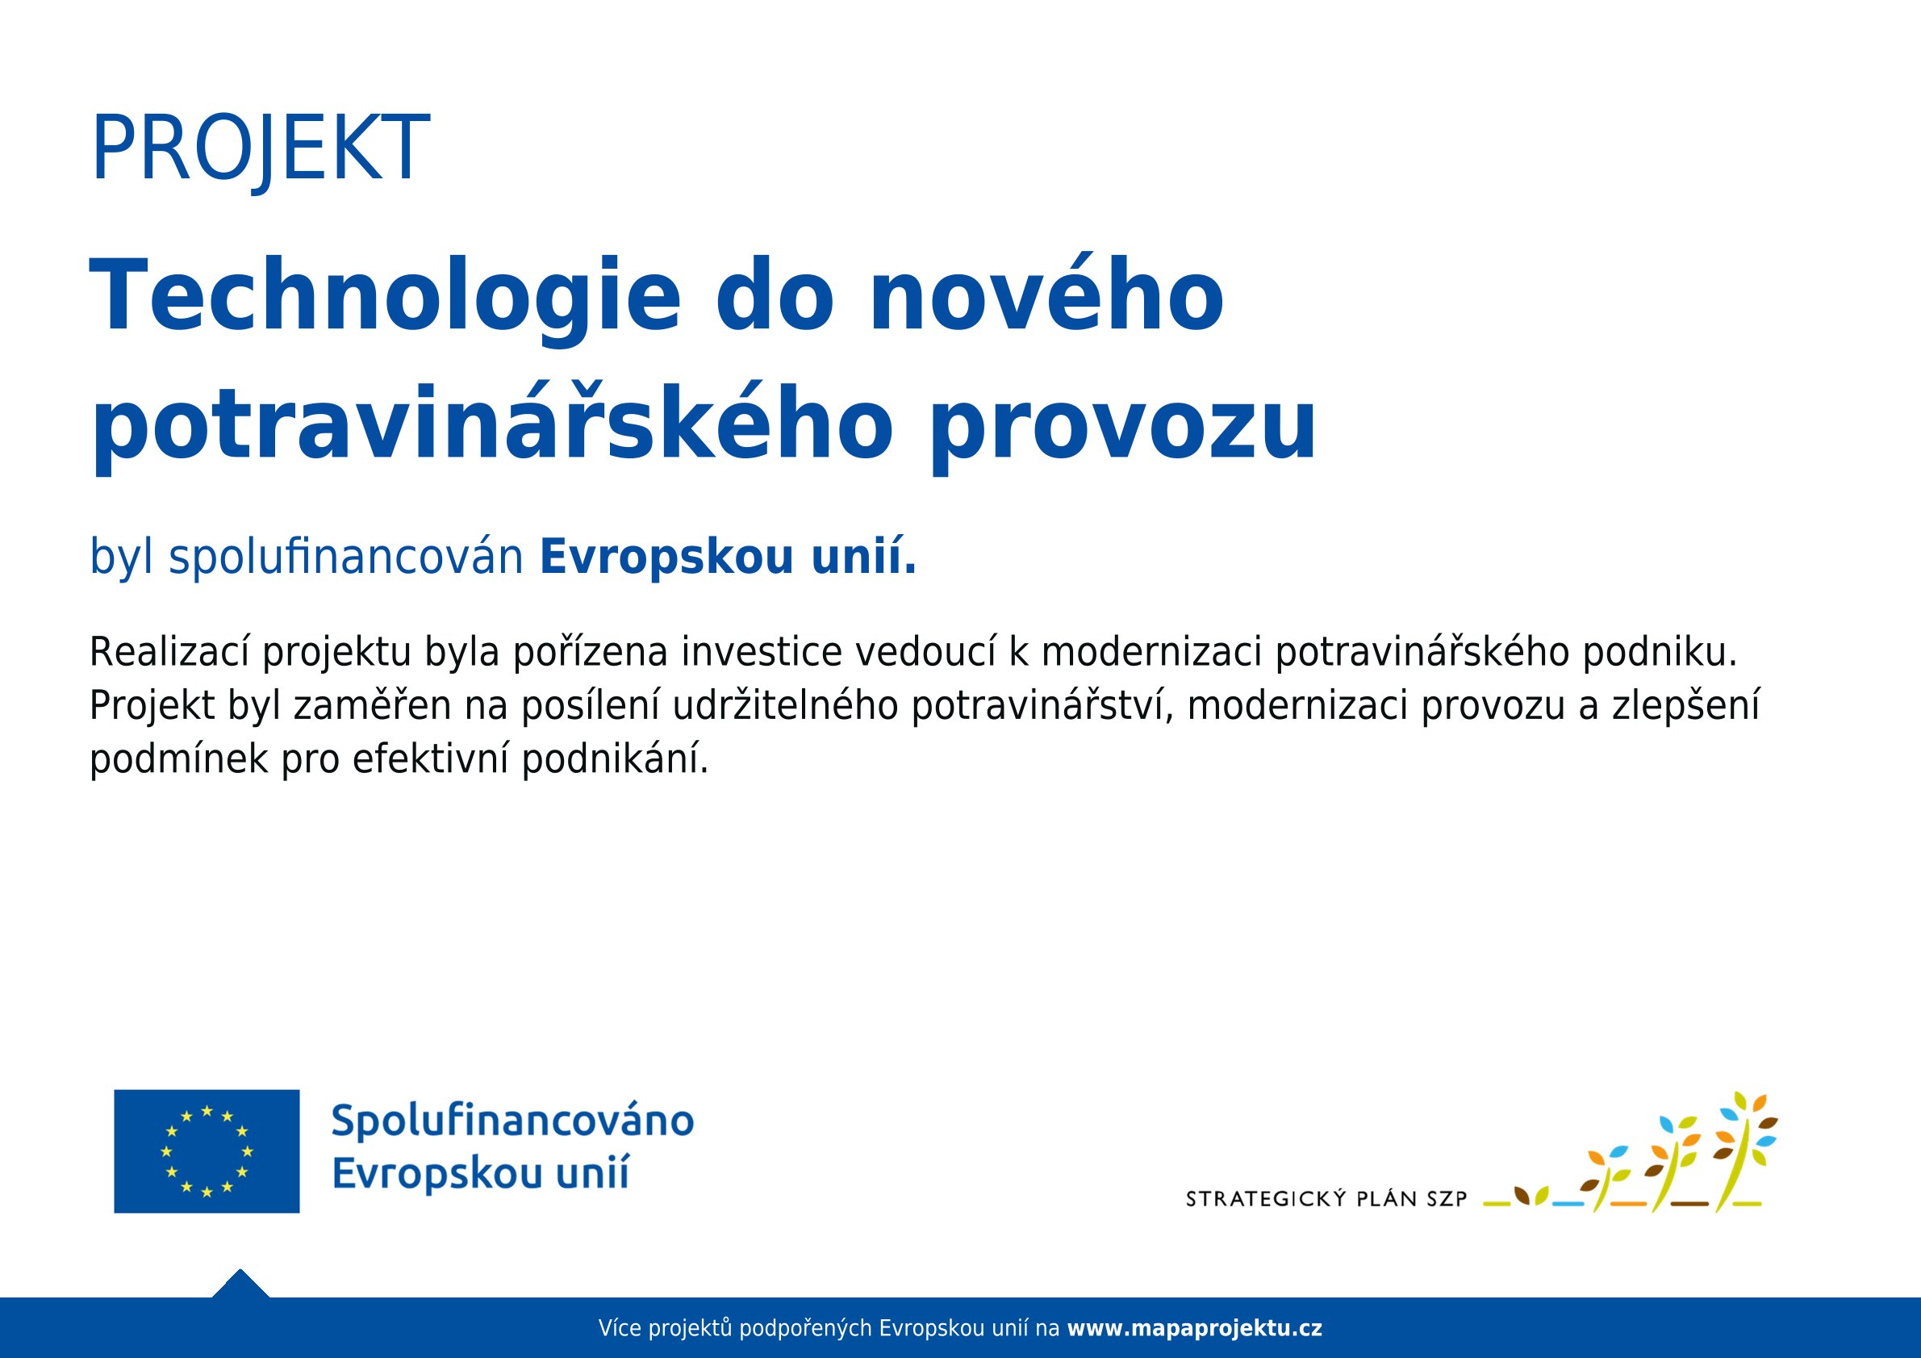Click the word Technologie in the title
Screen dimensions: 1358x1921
pyautogui.click(x=385, y=298)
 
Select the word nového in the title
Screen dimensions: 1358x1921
pyautogui.click(x=1046, y=298)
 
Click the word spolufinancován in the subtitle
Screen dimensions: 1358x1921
pyautogui.click(x=346, y=558)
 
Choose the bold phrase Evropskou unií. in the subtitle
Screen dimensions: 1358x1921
pyautogui.click(x=728, y=558)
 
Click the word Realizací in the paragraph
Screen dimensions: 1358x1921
pyautogui.click(x=168, y=653)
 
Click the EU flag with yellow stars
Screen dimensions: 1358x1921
pyautogui.click(x=207, y=1151)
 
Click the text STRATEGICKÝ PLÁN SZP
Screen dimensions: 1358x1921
pyautogui.click(x=1326, y=1200)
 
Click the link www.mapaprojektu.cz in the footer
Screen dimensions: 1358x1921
pyautogui.click(x=1195, y=1328)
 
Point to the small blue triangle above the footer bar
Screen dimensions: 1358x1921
pyautogui.click(x=240, y=1285)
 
